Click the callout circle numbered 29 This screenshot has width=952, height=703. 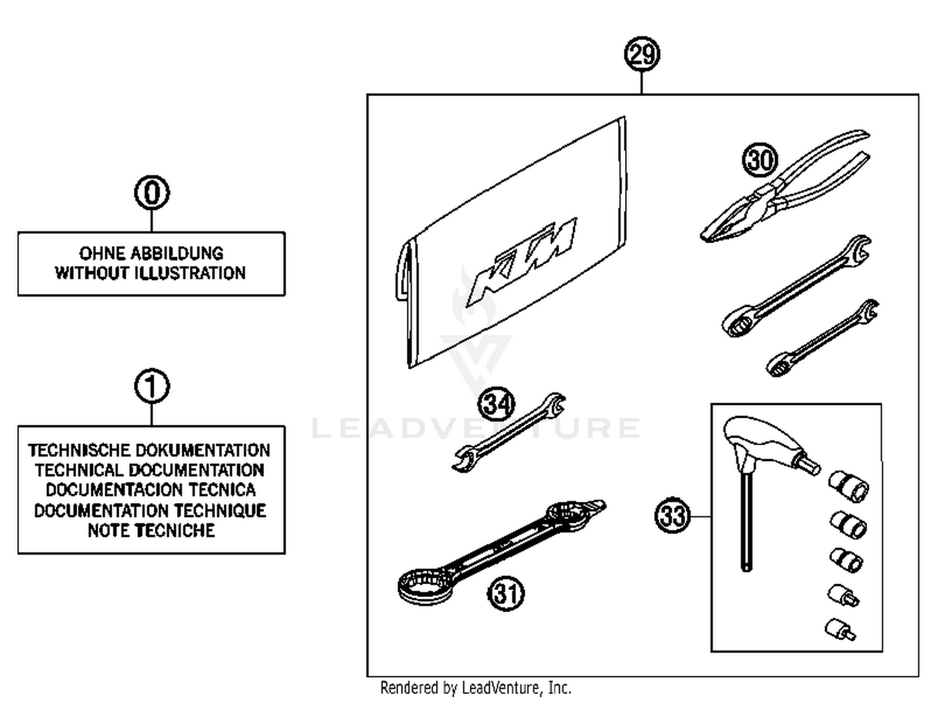tap(642, 55)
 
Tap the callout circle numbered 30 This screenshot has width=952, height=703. tap(759, 159)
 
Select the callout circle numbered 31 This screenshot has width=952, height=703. tap(506, 594)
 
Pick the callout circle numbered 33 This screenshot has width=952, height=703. tap(672, 515)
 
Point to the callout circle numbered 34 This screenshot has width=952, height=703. tap(496, 404)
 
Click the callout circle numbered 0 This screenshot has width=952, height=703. tap(152, 192)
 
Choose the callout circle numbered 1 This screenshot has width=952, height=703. tap(152, 386)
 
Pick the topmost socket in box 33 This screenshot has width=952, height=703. tap(849, 486)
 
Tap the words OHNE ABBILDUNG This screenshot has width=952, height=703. tap(151, 253)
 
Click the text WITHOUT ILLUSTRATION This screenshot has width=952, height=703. tap(150, 273)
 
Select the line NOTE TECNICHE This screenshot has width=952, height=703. tap(151, 530)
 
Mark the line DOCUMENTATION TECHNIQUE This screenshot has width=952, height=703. tap(150, 511)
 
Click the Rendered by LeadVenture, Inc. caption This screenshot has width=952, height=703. tap(475, 688)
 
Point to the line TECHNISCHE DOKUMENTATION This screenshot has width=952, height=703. tap(149, 450)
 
